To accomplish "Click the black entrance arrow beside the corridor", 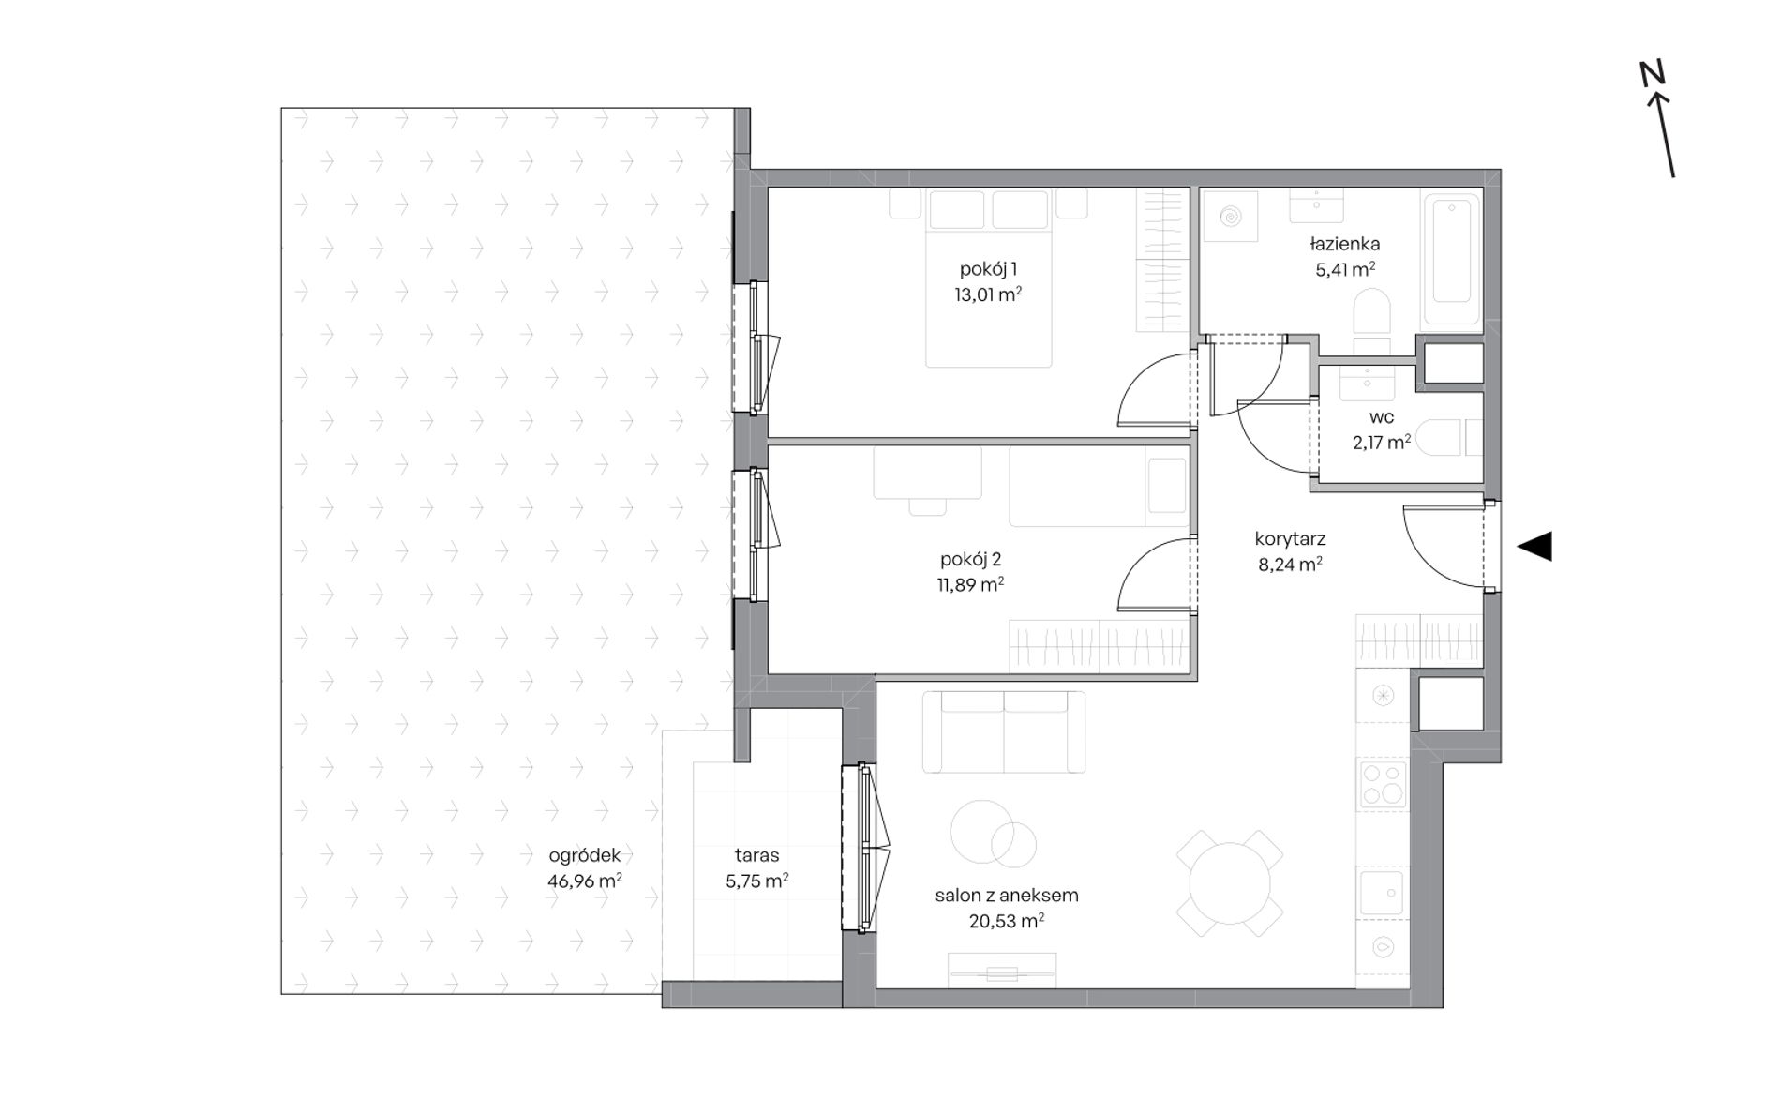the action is [x=1534, y=546].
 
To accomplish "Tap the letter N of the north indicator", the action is [x=1652, y=74].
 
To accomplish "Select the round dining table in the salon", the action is [x=1230, y=882].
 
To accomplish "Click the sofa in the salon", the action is [x=1003, y=732].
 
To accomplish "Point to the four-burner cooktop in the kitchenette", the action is [x=1383, y=785].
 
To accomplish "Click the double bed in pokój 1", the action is [x=988, y=278].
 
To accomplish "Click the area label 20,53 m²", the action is [x=1007, y=921].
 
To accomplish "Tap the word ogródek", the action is [x=585, y=855].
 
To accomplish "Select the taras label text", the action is [x=757, y=855].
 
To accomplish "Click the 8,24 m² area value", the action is [x=1290, y=565].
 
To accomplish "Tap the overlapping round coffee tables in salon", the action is [x=993, y=833].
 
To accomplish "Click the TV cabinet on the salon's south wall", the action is [x=1002, y=971].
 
